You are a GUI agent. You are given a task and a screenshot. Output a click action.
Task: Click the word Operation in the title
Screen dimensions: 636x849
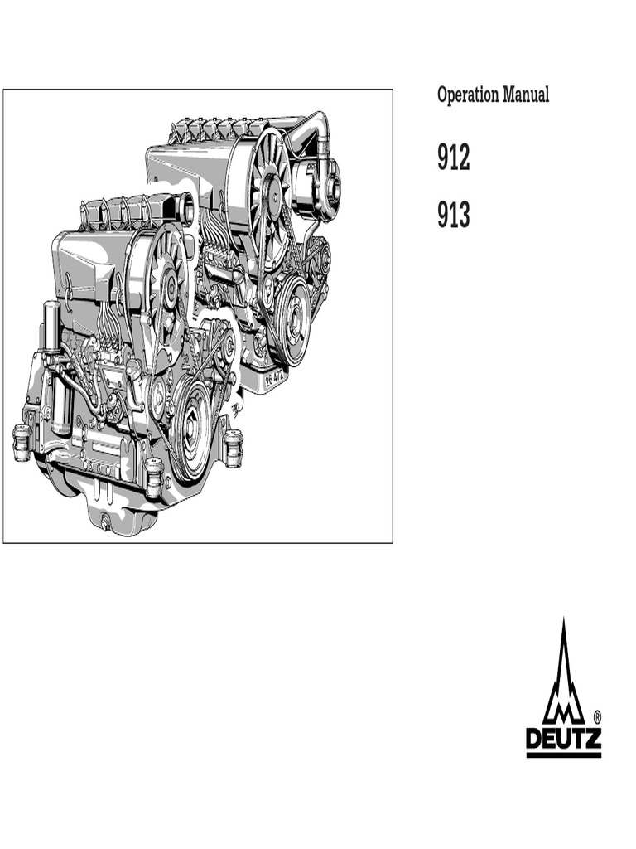point(468,95)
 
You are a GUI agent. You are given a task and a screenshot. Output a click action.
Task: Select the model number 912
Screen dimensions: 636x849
point(453,158)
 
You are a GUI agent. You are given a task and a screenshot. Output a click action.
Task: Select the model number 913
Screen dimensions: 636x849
point(453,215)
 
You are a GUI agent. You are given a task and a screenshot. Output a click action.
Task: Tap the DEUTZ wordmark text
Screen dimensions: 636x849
point(563,739)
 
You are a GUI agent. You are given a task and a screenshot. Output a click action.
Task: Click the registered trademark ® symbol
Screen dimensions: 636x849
point(596,717)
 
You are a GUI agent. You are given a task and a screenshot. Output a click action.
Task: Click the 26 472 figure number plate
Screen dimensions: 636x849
point(275,378)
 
